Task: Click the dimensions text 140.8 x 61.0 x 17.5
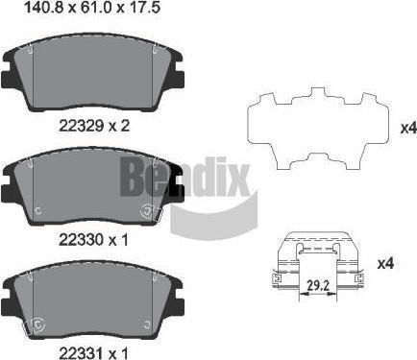92,8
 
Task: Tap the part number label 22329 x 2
94,126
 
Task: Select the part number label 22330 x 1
93,239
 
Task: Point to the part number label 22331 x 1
93,353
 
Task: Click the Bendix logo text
184,177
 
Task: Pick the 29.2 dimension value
317,285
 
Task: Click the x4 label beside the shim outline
409,129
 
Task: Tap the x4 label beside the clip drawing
385,264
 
